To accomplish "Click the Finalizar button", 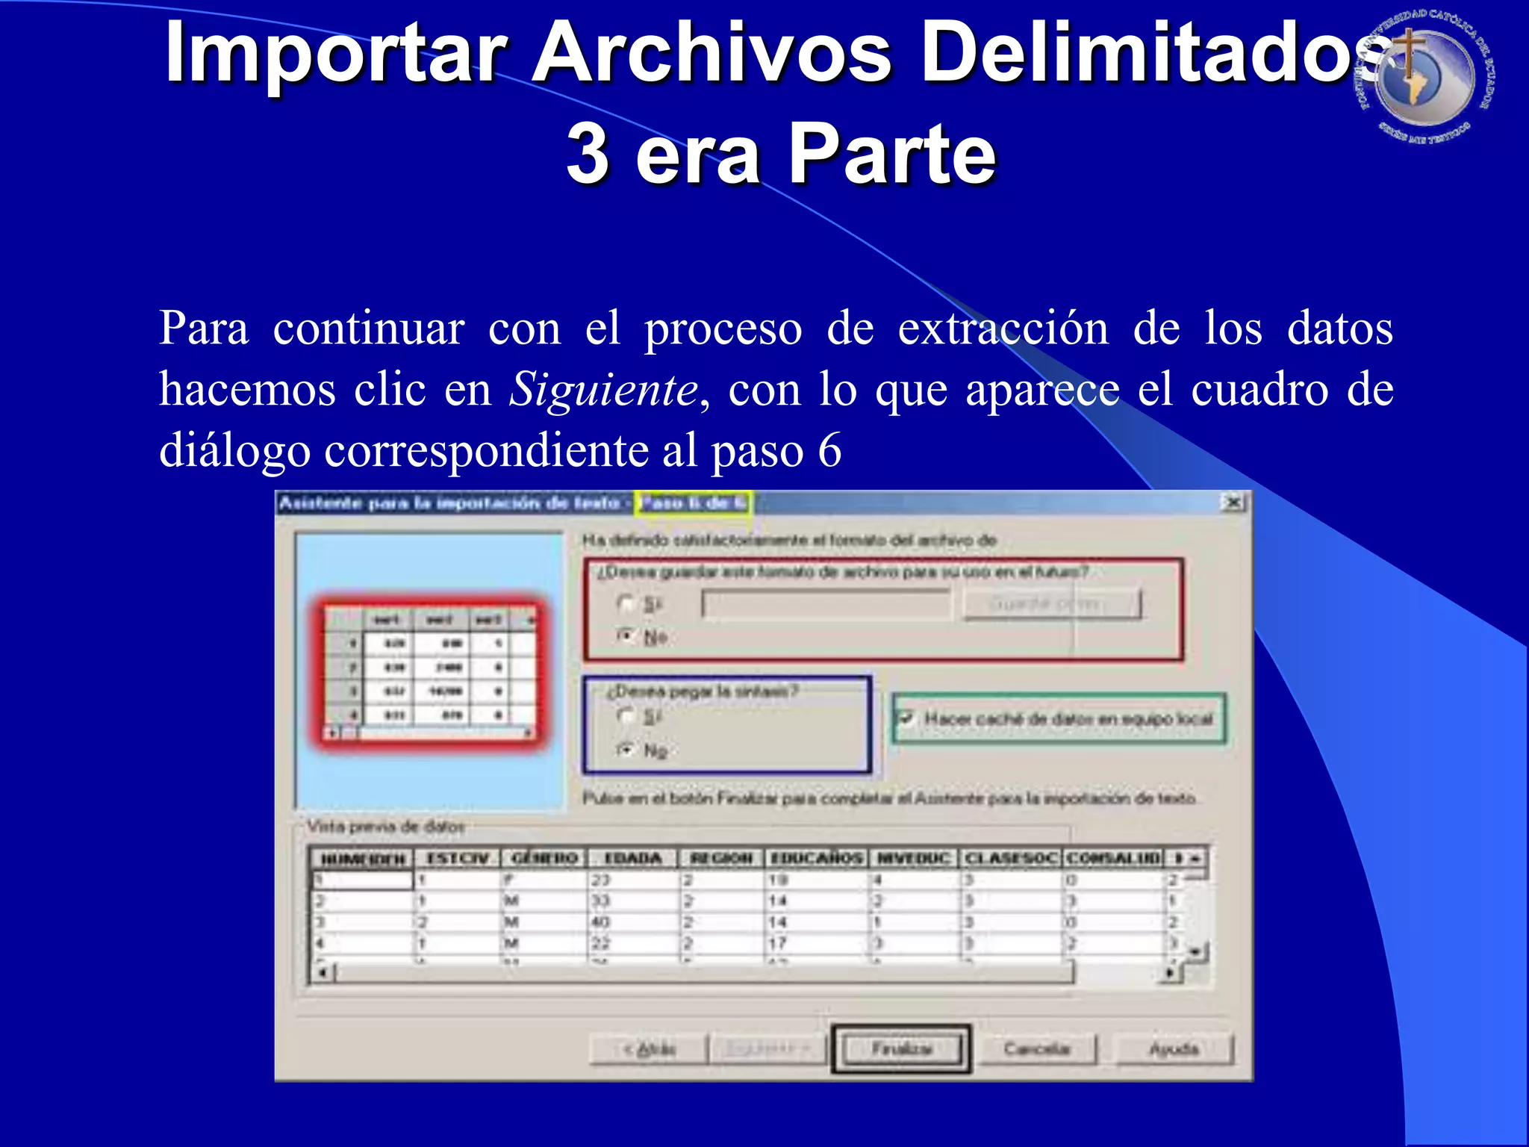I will point(901,1049).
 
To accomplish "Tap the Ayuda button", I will point(1174,1049).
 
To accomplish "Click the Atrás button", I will point(648,1049).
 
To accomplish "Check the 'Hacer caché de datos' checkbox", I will point(906,718).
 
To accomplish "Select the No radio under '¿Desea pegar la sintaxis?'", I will point(626,749).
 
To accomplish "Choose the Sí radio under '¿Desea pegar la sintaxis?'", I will point(626,716).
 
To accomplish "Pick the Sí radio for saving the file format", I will point(626,603).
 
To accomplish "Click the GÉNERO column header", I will point(544,858).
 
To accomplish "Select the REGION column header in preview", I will point(721,858).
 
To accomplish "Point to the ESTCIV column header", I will point(457,858).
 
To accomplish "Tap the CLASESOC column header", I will point(1011,858).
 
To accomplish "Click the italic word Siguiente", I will point(603,389).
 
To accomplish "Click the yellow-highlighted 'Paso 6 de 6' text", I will point(693,503).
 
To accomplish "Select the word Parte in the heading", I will point(891,155).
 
